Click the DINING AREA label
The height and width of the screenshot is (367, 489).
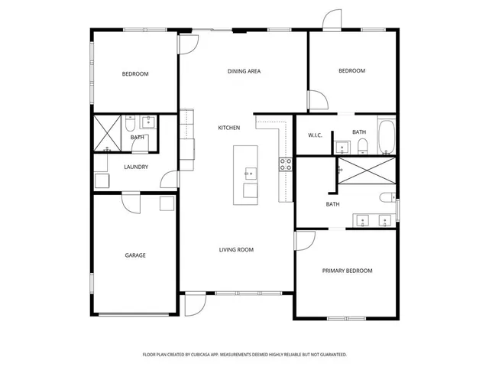(x=244, y=71)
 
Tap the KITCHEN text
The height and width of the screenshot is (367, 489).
(x=229, y=128)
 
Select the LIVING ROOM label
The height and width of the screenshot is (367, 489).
(x=236, y=249)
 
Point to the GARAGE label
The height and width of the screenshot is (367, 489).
(x=135, y=255)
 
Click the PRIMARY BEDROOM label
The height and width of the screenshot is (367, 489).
(x=347, y=271)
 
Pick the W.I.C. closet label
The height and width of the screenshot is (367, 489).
(x=315, y=135)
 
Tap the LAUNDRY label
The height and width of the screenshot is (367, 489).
(x=135, y=167)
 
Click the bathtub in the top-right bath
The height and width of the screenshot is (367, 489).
(x=386, y=135)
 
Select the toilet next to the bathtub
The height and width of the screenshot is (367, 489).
(x=364, y=145)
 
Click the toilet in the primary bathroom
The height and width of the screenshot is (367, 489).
(x=387, y=198)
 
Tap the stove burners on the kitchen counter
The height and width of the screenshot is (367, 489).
(x=286, y=163)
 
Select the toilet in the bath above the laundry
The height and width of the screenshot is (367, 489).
(x=130, y=123)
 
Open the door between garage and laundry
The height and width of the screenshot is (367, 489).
(x=131, y=202)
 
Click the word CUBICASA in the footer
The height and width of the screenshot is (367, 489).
(x=209, y=355)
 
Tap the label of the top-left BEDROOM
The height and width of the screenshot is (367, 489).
(x=135, y=74)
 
